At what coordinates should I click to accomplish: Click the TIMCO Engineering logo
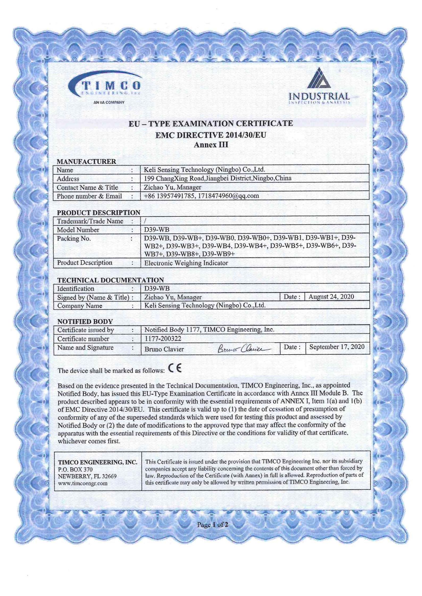tap(105, 86)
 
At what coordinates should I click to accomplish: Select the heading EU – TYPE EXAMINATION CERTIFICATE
tap(211, 124)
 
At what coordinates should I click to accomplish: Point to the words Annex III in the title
tap(211, 145)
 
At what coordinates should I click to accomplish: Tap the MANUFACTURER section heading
tap(86, 161)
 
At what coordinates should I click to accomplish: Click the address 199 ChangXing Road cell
tap(218, 178)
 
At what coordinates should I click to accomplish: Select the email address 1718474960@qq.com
tap(228, 196)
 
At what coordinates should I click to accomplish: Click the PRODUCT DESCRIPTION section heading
tap(98, 212)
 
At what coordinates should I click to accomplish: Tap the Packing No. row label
tap(74, 239)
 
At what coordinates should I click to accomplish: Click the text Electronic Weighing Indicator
tap(186, 263)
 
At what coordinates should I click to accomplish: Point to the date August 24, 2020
tap(331, 297)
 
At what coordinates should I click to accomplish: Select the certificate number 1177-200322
tap(162, 338)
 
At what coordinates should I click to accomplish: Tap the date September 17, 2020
tap(337, 347)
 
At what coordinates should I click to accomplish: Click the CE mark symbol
tap(175, 369)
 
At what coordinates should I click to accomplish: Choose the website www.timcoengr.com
tap(83, 483)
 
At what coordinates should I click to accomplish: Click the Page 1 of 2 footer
tap(212, 525)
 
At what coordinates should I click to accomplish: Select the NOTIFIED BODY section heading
tap(85, 321)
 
